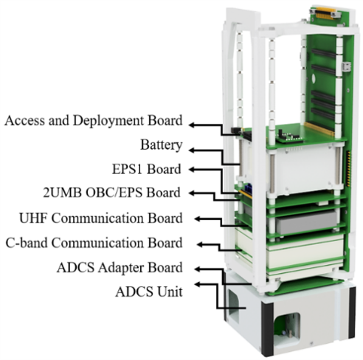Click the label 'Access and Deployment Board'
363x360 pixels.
pos(94,121)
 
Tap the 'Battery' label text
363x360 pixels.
pos(162,145)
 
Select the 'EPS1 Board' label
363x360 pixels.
pos(147,169)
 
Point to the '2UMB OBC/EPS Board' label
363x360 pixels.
pos(112,193)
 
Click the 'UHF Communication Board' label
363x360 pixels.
pos(101,218)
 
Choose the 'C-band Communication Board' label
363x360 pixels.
pos(94,243)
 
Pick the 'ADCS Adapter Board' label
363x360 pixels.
pos(120,267)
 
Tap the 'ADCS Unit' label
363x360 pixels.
pos(149,292)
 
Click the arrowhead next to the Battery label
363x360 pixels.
pos(192,150)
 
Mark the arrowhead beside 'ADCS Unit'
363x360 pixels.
pos(198,285)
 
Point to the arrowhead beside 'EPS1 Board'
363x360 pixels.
pos(192,169)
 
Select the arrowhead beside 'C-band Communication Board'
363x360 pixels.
pos(201,244)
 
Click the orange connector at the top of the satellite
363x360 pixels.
pos(325,13)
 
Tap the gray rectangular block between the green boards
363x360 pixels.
pos(306,222)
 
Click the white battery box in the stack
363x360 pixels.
pos(303,169)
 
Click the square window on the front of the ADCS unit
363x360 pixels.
pos(287,330)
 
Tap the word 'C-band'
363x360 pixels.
pos(27,243)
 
